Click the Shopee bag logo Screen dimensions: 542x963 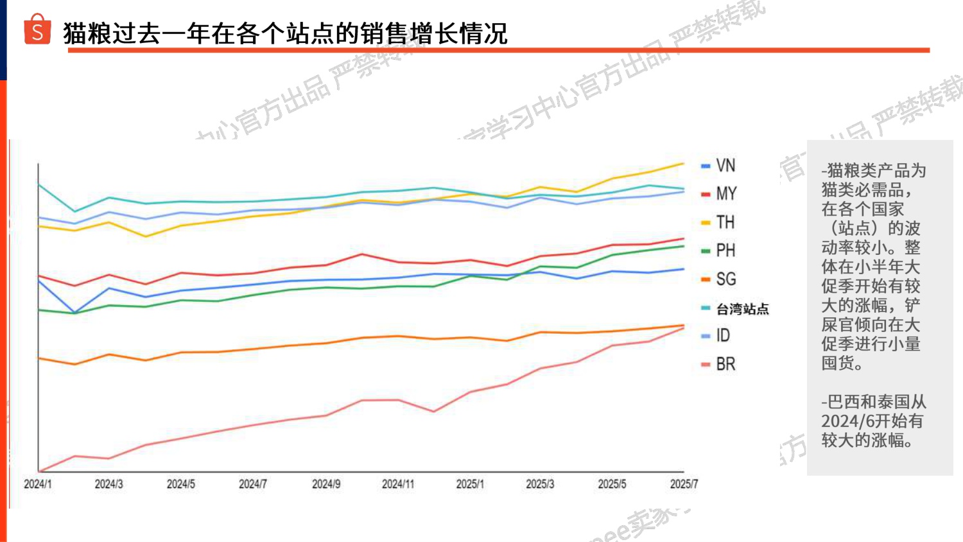(x=37, y=30)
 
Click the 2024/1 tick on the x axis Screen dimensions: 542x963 (x=38, y=484)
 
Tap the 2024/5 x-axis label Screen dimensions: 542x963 (x=181, y=484)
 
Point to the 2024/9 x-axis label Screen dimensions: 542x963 (x=326, y=484)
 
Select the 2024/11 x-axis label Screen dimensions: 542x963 (x=398, y=484)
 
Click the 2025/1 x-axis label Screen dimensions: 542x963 (x=470, y=484)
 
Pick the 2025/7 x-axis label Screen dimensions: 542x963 (x=684, y=484)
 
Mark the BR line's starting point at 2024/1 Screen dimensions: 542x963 (x=39, y=471)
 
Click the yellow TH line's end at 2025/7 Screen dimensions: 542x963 (x=684, y=163)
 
